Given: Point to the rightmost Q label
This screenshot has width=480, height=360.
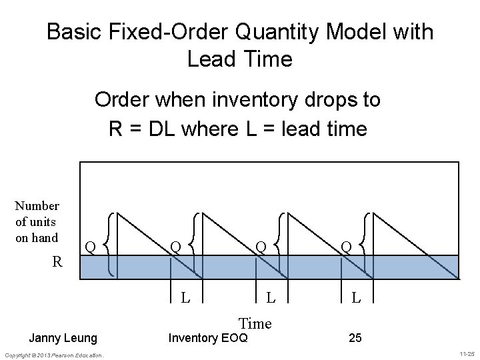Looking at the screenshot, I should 346,247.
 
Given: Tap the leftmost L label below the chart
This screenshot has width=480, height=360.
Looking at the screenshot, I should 187,296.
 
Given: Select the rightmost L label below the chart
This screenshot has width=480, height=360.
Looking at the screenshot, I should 356,296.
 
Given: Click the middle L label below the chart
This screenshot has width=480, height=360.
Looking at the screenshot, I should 271,296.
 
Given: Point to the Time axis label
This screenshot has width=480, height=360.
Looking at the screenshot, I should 255,323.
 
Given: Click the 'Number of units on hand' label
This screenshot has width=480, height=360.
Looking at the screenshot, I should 37,222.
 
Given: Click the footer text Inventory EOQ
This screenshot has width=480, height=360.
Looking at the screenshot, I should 207,339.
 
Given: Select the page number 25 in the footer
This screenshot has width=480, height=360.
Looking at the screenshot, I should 355,339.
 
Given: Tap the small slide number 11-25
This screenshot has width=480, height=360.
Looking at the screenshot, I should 466,355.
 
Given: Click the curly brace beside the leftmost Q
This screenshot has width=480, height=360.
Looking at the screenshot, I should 111,244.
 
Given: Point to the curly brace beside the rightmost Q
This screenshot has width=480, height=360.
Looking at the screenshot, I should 367,244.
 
